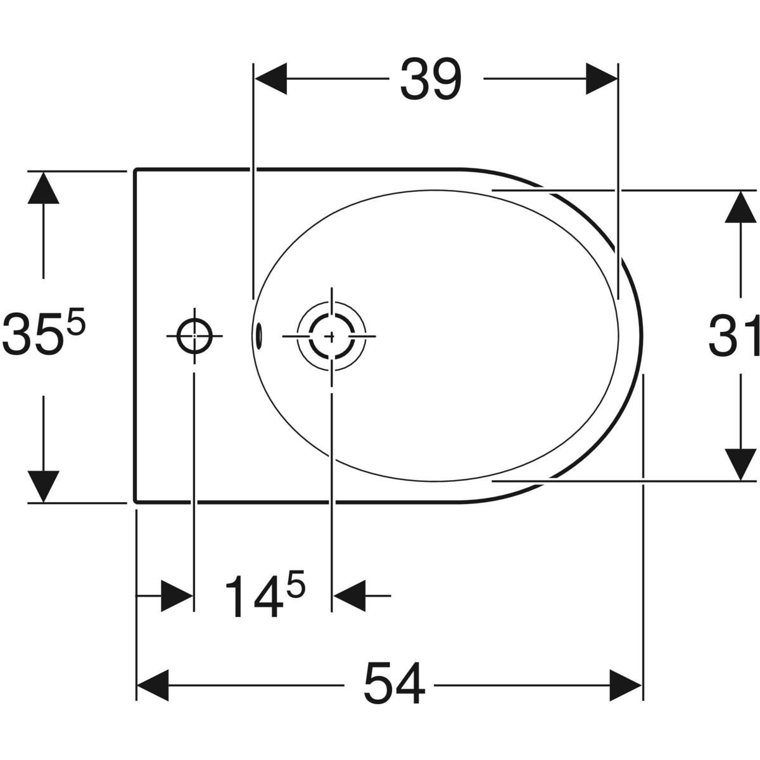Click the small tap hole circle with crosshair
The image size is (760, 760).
coord(194,336)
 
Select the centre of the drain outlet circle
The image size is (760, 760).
coord(331,336)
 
